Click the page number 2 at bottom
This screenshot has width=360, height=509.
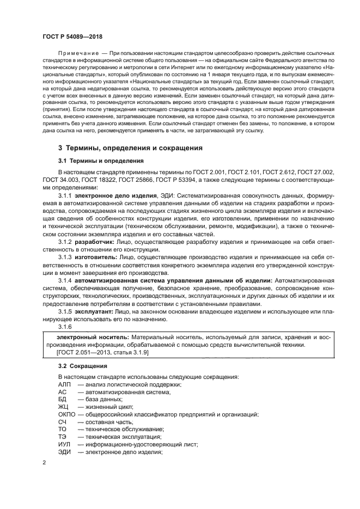[45, 462]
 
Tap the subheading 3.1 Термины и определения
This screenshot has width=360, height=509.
[101, 161]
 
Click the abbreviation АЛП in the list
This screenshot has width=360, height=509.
[64, 384]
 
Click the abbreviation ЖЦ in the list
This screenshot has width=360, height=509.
[62, 406]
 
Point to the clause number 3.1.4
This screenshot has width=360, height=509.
[65, 280]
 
